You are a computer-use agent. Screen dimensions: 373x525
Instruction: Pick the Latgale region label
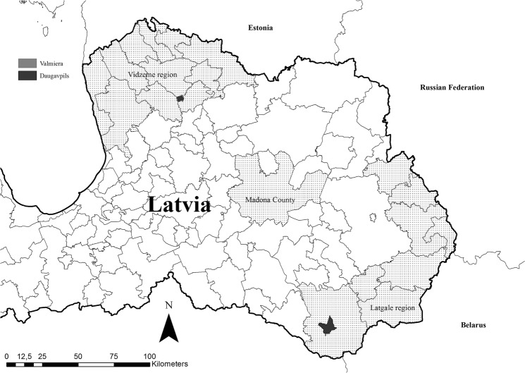click(x=387, y=308)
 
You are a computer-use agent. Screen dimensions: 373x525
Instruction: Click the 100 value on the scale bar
click(x=149, y=356)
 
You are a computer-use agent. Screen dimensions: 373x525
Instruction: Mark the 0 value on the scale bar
click(x=6, y=356)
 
